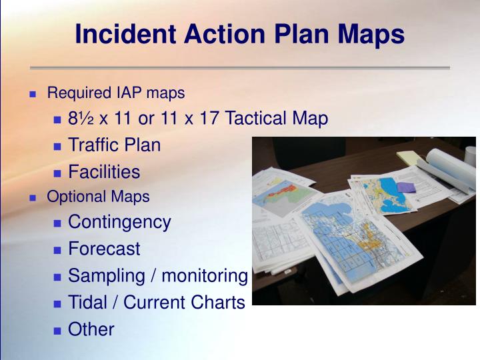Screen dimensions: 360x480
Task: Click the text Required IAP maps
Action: (x=115, y=93)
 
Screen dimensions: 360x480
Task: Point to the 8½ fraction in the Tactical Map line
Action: (x=82, y=119)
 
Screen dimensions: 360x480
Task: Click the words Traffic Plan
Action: (x=114, y=145)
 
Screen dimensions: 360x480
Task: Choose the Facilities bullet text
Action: (x=104, y=172)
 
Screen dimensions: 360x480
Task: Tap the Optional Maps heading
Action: (x=98, y=197)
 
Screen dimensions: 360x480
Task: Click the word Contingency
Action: (x=119, y=222)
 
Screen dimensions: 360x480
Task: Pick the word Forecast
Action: (x=104, y=249)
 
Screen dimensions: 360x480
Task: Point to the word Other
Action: (x=91, y=329)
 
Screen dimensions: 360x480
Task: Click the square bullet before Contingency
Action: (x=58, y=223)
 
